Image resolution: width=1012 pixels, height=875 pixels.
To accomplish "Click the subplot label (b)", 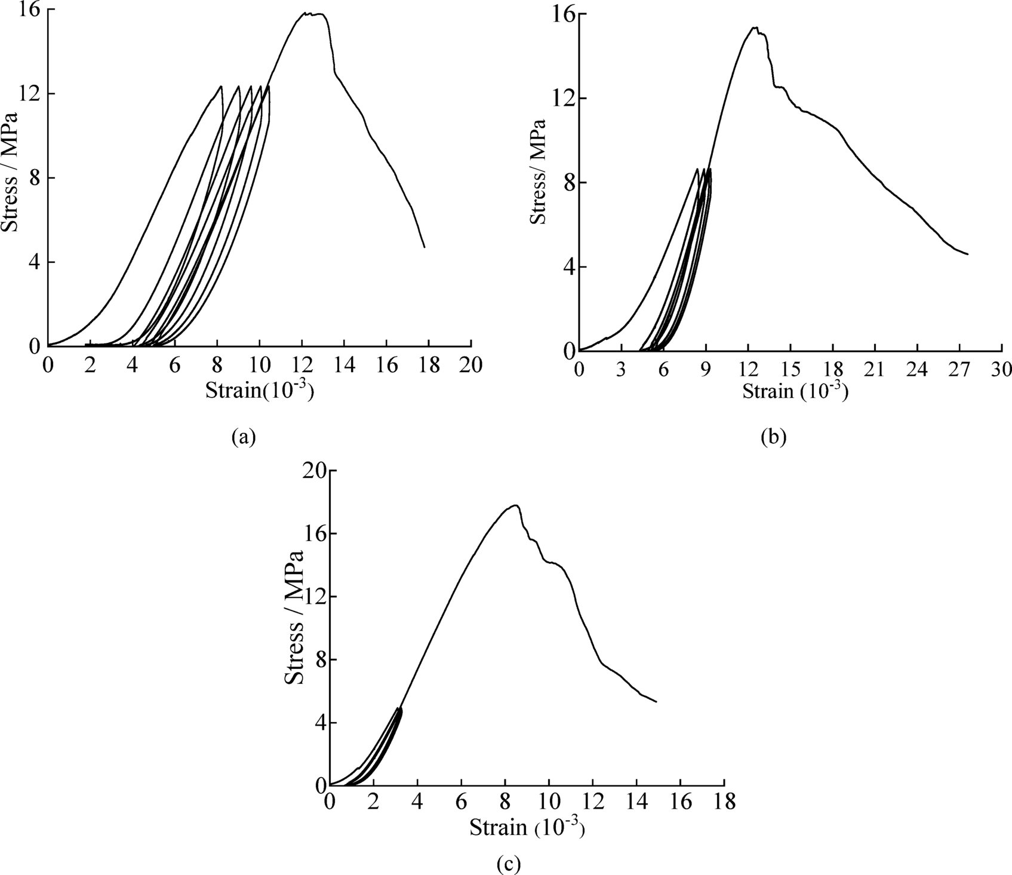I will [774, 437].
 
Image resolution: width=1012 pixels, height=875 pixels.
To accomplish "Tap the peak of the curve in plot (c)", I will [515, 505].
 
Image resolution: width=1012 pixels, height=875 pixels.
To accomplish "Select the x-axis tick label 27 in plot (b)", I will [958, 370].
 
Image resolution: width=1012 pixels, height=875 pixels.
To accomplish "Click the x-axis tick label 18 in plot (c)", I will [724, 803].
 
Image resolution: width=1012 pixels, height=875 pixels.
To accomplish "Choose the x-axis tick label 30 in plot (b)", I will [1000, 370].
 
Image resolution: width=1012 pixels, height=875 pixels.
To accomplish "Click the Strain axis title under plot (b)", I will [794, 392].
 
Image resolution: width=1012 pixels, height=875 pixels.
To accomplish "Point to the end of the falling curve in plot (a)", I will [424, 247].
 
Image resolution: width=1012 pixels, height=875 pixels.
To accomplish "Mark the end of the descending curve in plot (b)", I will [967, 254].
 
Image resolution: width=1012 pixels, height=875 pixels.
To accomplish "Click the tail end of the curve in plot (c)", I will [656, 702].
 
